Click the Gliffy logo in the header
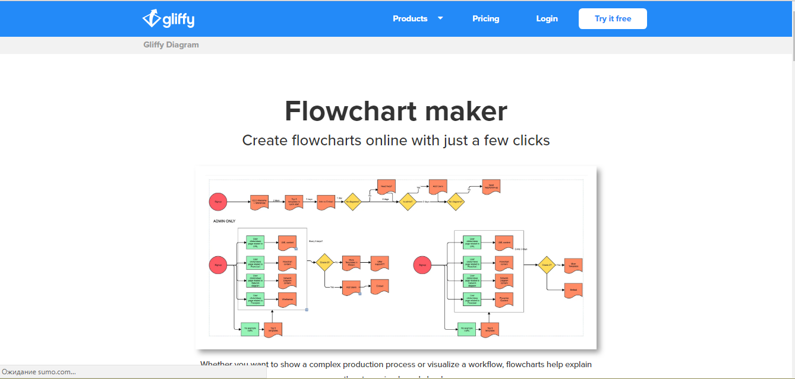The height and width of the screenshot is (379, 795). coord(168,19)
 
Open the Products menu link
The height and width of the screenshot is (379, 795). coord(410,19)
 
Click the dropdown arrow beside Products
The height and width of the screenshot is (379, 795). coord(440,18)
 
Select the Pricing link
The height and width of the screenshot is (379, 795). coord(485,19)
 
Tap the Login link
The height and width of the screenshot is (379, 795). coord(547,19)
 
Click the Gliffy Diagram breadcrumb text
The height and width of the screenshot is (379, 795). coord(171,45)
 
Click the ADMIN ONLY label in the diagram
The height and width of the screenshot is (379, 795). coord(224,221)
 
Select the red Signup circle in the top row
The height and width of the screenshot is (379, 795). coord(218,202)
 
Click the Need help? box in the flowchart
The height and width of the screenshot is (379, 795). coord(386,186)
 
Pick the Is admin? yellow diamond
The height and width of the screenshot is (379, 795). coord(408,202)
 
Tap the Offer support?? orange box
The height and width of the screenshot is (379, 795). coord(380,263)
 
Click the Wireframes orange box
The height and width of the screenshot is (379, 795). coord(287,300)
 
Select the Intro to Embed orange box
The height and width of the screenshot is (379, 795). coord(326,202)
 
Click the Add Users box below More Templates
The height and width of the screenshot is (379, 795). coord(351,288)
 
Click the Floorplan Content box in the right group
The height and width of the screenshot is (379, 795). coord(504,300)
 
